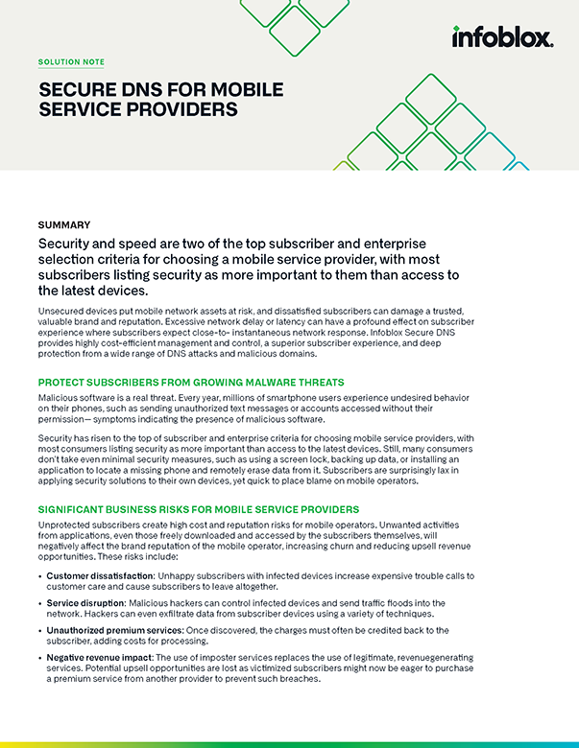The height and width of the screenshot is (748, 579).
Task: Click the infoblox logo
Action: (x=502, y=37)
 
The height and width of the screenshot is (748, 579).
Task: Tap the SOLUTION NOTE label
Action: (x=71, y=61)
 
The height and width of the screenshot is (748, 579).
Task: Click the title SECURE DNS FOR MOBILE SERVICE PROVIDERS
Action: (x=160, y=100)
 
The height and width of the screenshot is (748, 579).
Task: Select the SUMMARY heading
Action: (x=64, y=224)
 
